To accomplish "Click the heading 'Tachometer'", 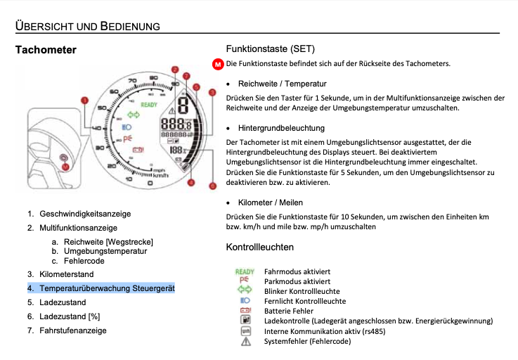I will [x=46, y=50].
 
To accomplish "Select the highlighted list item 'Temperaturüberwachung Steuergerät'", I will [x=107, y=288].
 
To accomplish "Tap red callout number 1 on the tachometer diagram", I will [x=85, y=101].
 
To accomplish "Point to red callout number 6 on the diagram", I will [x=213, y=187].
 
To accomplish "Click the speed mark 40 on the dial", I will [x=98, y=127].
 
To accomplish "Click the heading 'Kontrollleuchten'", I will [x=259, y=247].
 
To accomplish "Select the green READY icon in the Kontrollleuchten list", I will [x=245, y=271].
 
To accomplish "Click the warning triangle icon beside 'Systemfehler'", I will [x=245, y=341].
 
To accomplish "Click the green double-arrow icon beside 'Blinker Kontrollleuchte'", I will [x=245, y=290].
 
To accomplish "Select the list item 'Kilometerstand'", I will [x=66, y=274].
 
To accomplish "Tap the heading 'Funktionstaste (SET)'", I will [x=270, y=49].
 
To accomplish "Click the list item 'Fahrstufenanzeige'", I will [x=73, y=330].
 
